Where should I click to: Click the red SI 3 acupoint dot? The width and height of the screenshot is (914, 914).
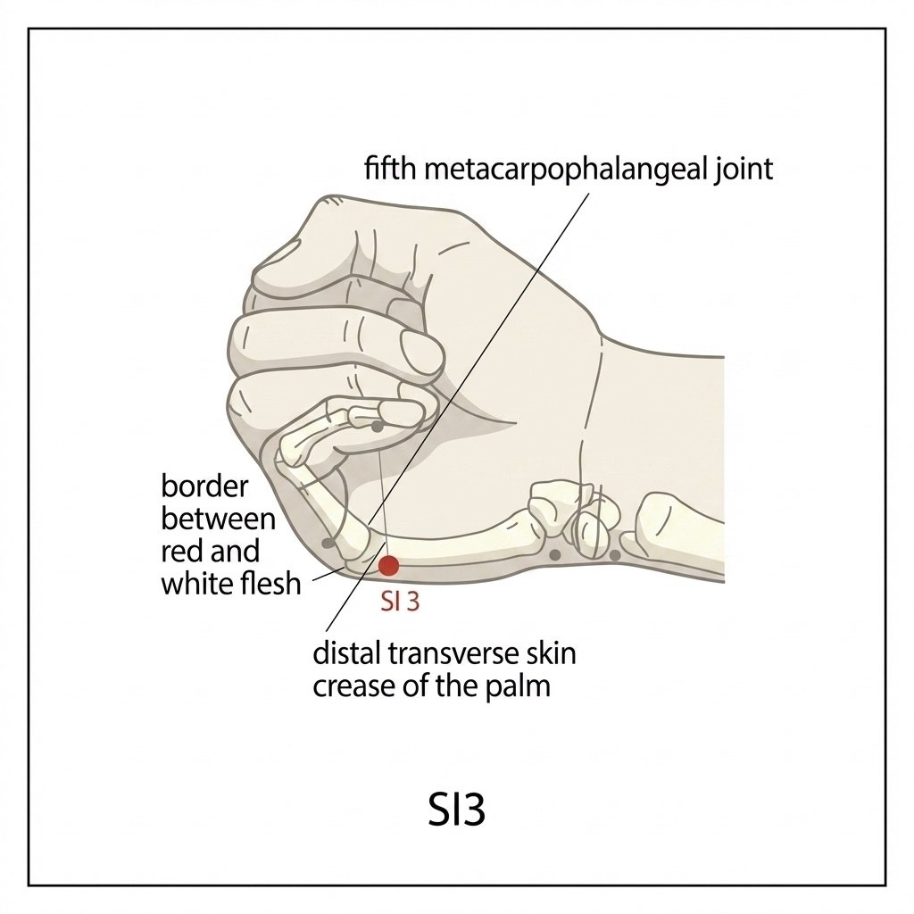click(x=389, y=565)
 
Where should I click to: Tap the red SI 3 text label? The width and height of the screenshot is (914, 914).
click(x=400, y=602)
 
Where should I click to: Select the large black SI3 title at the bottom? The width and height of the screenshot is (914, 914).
click(x=456, y=810)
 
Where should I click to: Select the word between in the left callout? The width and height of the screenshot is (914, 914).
click(x=218, y=519)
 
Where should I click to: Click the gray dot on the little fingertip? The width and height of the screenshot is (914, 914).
click(x=378, y=427)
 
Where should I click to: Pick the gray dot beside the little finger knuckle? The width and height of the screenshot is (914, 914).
click(x=328, y=544)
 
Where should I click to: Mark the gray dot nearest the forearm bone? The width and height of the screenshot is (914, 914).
click(x=614, y=555)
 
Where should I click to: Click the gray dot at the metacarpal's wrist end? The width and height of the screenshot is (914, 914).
click(x=555, y=555)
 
